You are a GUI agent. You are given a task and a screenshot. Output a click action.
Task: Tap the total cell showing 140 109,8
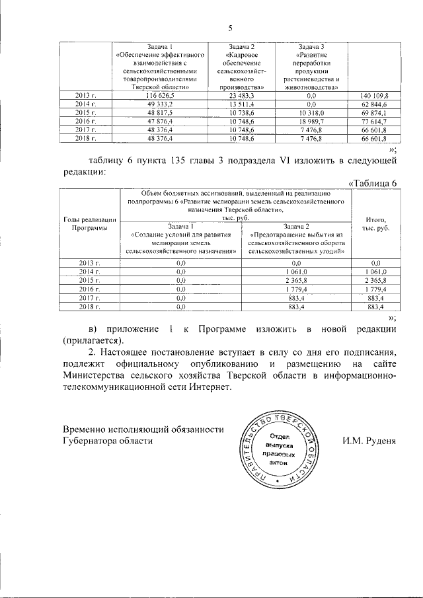(374, 96)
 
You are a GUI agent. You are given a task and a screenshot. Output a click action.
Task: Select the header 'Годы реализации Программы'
(90, 223)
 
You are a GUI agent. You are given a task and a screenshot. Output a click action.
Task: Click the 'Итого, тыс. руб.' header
(375, 223)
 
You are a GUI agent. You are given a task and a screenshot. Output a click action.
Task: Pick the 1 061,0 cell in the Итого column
(375, 272)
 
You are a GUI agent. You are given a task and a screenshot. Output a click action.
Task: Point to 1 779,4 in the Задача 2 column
(297, 289)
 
